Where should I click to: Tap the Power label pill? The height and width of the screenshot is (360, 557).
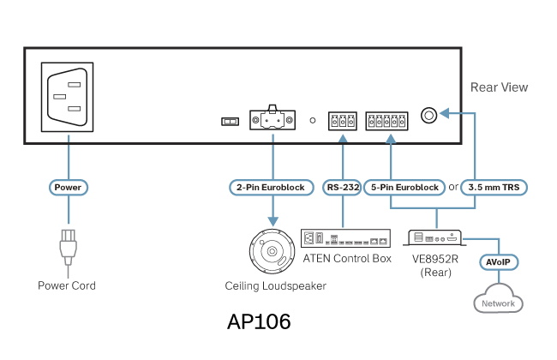(x=68, y=186)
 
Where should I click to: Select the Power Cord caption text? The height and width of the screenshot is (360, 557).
(x=67, y=285)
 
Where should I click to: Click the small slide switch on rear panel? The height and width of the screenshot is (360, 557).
(x=229, y=122)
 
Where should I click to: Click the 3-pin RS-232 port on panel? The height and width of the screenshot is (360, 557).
(x=342, y=121)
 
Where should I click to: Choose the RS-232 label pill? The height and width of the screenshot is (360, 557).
(x=343, y=186)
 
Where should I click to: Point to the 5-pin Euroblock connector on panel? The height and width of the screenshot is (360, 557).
(x=389, y=121)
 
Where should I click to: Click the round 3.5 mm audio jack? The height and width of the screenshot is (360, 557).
(x=429, y=114)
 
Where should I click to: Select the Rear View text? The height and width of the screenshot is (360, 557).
(x=499, y=87)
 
